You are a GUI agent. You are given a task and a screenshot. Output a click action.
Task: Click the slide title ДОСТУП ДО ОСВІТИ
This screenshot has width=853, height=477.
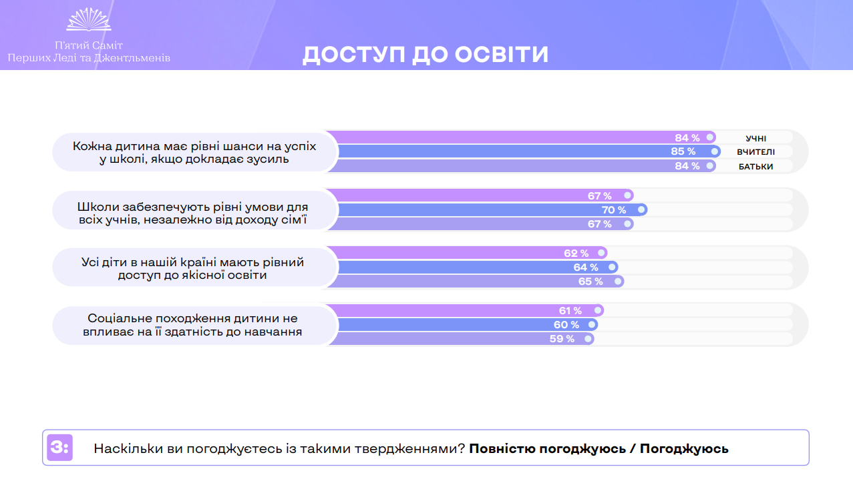pyautogui.click(x=425, y=55)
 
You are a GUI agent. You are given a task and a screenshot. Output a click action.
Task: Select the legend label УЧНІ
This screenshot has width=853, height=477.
pyautogui.click(x=755, y=138)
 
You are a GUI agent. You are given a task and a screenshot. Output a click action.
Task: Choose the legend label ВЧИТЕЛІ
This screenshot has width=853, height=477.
pyautogui.click(x=755, y=152)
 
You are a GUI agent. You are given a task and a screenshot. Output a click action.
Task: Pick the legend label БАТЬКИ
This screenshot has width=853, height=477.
pyautogui.click(x=755, y=167)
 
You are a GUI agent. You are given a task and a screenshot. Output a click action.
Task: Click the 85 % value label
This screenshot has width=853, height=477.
pyautogui.click(x=683, y=151)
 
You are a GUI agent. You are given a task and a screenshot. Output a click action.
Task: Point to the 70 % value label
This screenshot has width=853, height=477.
pyautogui.click(x=614, y=210)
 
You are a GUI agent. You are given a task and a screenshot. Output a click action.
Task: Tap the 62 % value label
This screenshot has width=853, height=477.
pyautogui.click(x=576, y=254)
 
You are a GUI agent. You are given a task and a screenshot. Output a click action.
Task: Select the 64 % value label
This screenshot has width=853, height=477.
pyautogui.click(x=585, y=268)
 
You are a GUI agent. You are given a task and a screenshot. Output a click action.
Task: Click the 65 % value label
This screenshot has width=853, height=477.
pyautogui.click(x=590, y=282)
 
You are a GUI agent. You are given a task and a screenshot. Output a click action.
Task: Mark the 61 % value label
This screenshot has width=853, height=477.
pyautogui.click(x=570, y=311)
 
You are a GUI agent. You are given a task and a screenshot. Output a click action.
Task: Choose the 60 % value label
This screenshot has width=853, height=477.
pyautogui.click(x=566, y=325)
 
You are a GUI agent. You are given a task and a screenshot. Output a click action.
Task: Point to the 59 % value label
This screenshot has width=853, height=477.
pyautogui.click(x=562, y=339)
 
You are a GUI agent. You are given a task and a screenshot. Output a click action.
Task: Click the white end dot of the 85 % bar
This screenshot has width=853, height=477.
pyautogui.click(x=715, y=151)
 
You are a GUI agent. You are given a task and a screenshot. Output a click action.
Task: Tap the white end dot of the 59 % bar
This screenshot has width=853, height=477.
pyautogui.click(x=587, y=339)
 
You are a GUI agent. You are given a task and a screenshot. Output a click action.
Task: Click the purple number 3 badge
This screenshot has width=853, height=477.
pyautogui.click(x=59, y=448)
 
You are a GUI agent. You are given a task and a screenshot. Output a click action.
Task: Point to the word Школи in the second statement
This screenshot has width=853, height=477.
pyautogui.click(x=98, y=206)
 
